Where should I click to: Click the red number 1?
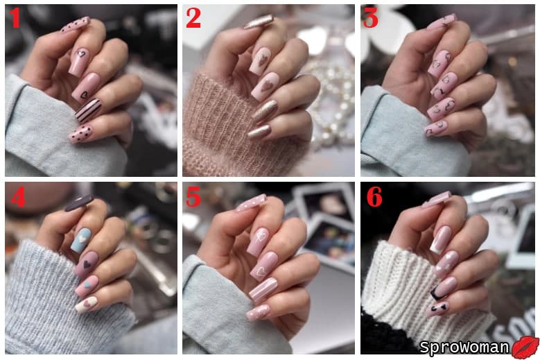tap(15, 18)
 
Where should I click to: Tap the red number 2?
tap(193, 18)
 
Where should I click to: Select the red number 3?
tap(371, 18)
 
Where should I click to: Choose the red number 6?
tap(374, 197)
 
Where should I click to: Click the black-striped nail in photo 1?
tap(89, 110)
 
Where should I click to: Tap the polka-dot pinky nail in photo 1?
tap(81, 135)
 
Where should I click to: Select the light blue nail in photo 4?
tap(80, 240)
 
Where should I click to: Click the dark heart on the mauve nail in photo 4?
tap(87, 264)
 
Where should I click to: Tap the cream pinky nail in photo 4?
tap(86, 305)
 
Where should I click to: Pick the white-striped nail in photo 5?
tap(263, 290)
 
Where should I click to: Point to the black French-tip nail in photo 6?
tap(444, 288)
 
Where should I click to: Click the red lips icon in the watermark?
tap(525, 348)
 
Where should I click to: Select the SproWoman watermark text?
tap(464, 348)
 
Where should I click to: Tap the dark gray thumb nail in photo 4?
tap(79, 203)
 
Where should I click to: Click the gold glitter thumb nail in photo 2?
tap(259, 22)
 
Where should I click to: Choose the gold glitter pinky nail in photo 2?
tap(259, 132)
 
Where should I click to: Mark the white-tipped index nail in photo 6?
tap(440, 240)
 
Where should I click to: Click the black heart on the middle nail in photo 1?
tap(84, 95)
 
